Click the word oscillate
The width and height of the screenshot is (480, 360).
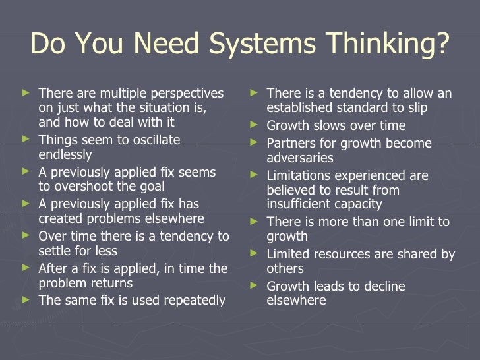[148, 140]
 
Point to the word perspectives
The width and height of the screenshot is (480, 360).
[186, 93]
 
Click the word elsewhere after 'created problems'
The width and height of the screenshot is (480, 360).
[172, 218]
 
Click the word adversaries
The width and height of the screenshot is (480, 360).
[300, 158]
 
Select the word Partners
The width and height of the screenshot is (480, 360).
[288, 143]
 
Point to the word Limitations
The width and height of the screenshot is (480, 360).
[298, 175]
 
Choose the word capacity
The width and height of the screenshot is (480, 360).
[359, 204]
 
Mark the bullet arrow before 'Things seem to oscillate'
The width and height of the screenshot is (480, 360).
[26, 139]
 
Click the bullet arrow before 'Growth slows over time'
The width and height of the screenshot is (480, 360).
[253, 125]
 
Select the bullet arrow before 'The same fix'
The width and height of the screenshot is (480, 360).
[26, 299]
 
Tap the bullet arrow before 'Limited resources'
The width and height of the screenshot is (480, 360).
[253, 253]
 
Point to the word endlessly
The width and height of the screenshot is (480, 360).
[65, 155]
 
